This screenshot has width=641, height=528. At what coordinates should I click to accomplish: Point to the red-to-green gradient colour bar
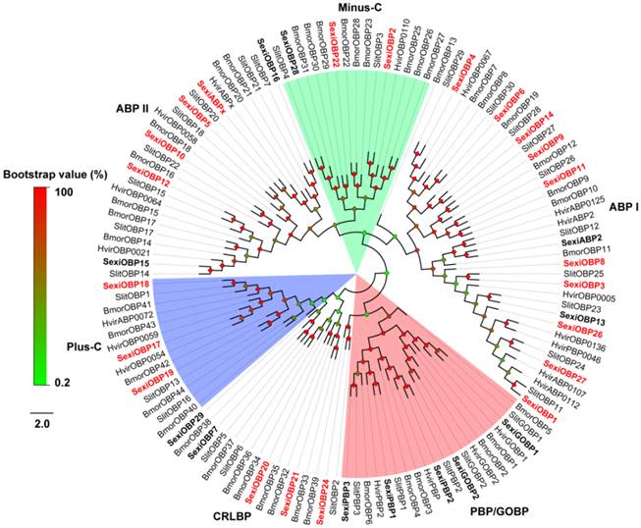37,285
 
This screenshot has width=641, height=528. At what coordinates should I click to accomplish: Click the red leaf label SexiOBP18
126,284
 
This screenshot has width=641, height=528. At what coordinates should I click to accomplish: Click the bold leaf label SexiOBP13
582,320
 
